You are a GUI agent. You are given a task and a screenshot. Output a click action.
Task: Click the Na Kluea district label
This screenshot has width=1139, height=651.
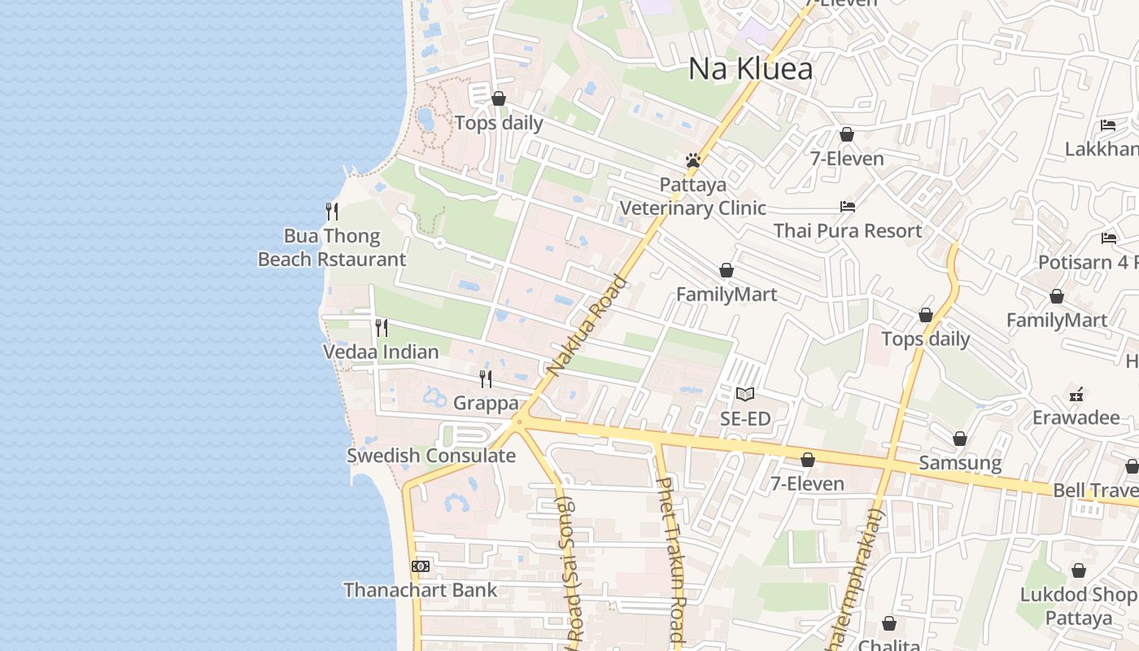[x=750, y=69]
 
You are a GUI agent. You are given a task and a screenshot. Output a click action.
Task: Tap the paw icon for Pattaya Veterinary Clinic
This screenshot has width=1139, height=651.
[x=693, y=160]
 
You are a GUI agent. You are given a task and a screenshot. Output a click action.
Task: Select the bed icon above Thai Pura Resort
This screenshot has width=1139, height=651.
[x=848, y=207]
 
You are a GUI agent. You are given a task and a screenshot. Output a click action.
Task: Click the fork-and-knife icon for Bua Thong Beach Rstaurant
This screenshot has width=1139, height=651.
[x=332, y=212]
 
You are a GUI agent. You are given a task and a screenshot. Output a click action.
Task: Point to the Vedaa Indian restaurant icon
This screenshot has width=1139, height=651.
[x=381, y=328]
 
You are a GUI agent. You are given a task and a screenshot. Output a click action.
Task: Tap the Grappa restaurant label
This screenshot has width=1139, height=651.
[x=486, y=403]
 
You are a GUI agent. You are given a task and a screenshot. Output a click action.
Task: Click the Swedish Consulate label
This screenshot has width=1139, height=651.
[x=431, y=455]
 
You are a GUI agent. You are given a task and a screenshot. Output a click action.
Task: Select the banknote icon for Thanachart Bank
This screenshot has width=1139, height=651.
[x=421, y=566]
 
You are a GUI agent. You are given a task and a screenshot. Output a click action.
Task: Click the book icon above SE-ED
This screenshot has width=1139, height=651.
[x=745, y=395]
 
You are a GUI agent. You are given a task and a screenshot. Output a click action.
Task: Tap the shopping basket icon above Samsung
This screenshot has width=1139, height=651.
[x=960, y=439]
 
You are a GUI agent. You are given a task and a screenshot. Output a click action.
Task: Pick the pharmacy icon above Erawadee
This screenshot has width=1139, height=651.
[x=1077, y=395]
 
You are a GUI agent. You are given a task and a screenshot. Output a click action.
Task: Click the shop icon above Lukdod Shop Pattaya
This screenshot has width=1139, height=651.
[x=1079, y=570]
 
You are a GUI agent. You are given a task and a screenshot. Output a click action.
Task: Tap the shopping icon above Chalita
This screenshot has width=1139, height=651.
[x=889, y=623]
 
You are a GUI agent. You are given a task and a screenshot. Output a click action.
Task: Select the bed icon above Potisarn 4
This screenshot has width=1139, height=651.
[x=1108, y=238]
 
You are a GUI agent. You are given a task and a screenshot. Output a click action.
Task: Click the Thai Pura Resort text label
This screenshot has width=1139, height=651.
[x=848, y=230]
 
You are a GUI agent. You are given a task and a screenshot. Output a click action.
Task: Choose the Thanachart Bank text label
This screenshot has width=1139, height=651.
[x=420, y=589]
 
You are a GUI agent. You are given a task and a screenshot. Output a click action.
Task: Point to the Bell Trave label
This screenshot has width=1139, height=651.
[x=1095, y=490]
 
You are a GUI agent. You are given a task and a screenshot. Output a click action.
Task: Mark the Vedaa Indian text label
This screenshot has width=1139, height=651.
[x=381, y=352]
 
